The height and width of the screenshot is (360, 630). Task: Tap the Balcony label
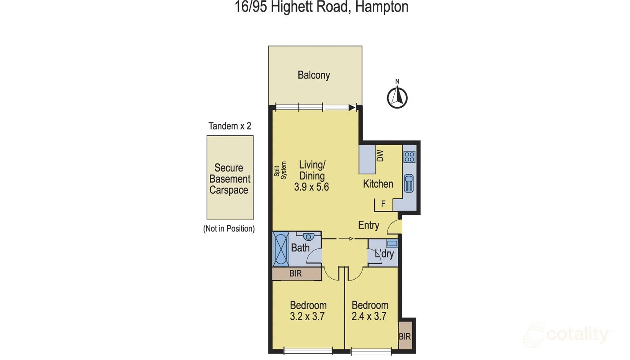tap(313, 75)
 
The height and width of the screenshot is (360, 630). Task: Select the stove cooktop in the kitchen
tap(409, 157)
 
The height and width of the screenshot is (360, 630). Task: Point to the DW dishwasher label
tap(380, 156)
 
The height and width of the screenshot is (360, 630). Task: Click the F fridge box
tap(383, 205)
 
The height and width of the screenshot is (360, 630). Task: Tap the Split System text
tap(280, 172)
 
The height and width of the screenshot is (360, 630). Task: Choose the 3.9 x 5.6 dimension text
tap(311, 187)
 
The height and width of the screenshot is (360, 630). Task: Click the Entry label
tap(368, 226)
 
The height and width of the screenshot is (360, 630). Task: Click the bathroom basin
tap(308, 237)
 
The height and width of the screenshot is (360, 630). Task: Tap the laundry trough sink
tap(392, 244)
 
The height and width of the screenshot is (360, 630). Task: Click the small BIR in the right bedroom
tap(405, 336)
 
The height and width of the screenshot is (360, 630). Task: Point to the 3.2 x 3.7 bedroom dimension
tap(308, 317)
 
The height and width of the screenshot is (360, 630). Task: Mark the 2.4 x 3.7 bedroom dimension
tap(370, 317)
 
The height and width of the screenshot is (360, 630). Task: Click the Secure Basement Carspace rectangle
tap(229, 178)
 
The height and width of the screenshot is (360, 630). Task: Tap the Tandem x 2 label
tap(229, 126)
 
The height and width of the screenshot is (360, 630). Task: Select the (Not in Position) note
tap(229, 229)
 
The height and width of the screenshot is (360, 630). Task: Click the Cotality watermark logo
tap(567, 335)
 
